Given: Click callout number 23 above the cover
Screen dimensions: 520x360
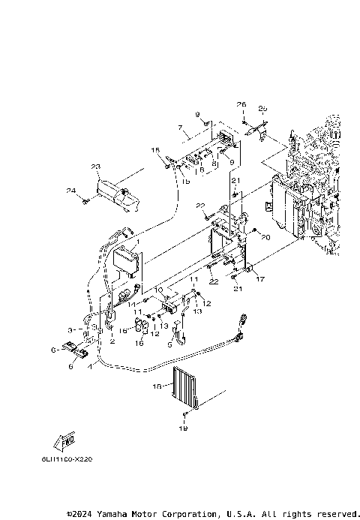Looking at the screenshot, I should (96, 167).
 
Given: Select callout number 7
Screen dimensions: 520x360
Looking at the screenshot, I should (180, 129).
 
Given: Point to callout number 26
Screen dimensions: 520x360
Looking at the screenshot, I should (241, 104).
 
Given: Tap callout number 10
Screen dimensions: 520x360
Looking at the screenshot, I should (157, 289).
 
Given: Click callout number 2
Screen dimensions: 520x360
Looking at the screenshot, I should (112, 341).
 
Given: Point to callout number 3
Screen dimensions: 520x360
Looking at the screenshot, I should (70, 329).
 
